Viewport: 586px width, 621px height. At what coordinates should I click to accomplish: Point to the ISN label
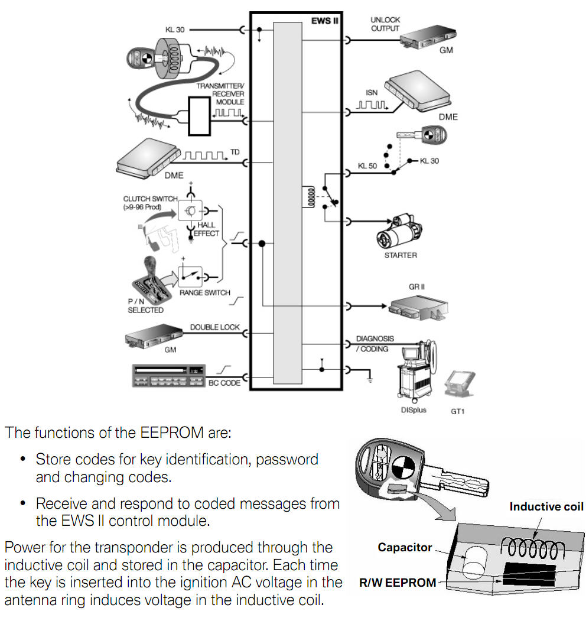371,92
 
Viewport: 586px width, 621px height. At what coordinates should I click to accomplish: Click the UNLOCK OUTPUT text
385,24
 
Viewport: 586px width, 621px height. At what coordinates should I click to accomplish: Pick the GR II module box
417,307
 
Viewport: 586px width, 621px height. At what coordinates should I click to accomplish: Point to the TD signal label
235,152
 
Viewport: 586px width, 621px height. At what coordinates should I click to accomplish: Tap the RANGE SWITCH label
204,292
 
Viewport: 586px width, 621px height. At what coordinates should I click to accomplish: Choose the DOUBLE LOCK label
214,327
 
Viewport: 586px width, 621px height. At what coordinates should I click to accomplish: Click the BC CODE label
224,383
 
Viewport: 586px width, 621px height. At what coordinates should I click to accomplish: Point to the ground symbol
370,378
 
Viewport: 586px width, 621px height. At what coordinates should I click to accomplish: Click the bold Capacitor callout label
405,548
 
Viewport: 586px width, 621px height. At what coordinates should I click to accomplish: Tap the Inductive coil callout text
546,506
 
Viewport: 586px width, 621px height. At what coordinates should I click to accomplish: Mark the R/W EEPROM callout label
398,583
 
